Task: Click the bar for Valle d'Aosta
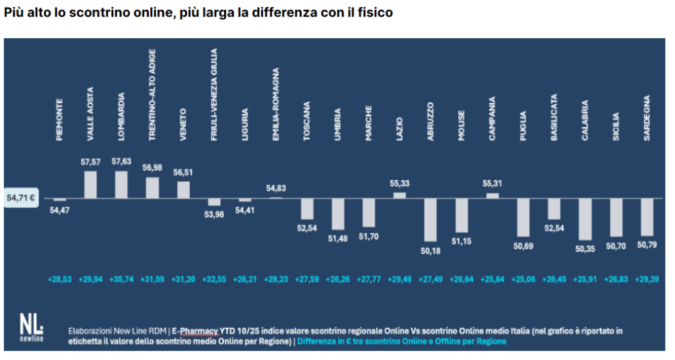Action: click(x=90, y=184)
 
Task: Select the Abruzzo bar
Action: click(x=430, y=220)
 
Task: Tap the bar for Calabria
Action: click(x=585, y=219)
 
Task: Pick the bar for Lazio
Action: click(x=399, y=195)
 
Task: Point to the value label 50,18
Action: click(x=430, y=251)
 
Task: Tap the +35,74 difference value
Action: click(x=121, y=278)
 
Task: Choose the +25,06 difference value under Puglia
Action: click(x=523, y=278)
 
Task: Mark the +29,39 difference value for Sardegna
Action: click(x=647, y=278)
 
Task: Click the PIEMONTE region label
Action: click(x=60, y=119)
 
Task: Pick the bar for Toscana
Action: click(x=307, y=208)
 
